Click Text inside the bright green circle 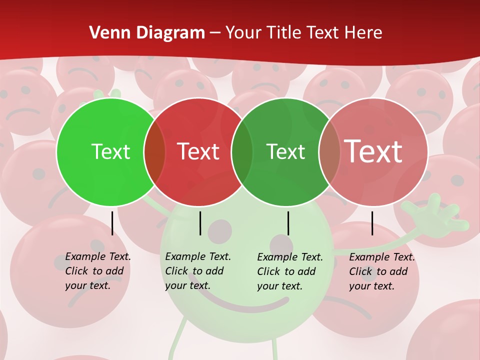click(x=110, y=151)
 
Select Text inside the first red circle click(x=198, y=151)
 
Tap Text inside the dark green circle click(x=285, y=151)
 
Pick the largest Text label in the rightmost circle click(x=373, y=151)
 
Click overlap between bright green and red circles click(x=154, y=152)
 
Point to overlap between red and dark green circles click(x=242, y=152)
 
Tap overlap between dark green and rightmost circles click(x=329, y=152)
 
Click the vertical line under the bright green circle click(x=112, y=223)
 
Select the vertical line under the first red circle click(x=200, y=223)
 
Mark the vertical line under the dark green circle click(x=288, y=223)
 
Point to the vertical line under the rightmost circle click(x=372, y=223)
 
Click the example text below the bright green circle click(x=97, y=271)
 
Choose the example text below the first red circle click(x=197, y=271)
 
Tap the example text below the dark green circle click(x=289, y=271)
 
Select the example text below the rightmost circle click(x=381, y=271)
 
